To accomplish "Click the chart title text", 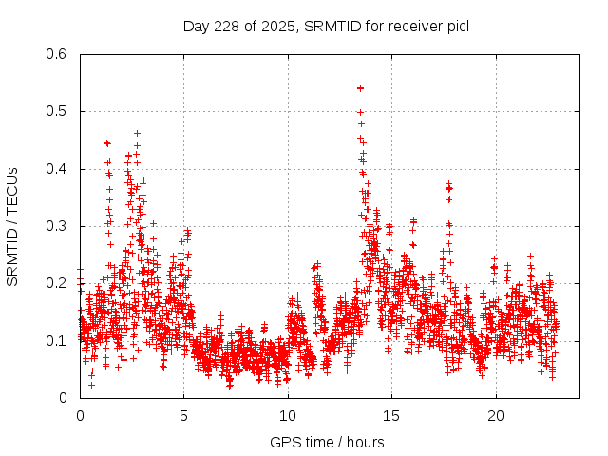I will pyautogui.click(x=326, y=26).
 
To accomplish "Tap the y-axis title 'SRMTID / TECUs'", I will pyautogui.click(x=12, y=226).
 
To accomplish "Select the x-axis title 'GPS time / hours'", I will pyautogui.click(x=326, y=442).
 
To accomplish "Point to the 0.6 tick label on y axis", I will pyautogui.click(x=59, y=54).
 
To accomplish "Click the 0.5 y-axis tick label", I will pyautogui.click(x=59, y=111).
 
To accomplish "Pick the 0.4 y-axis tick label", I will pyautogui.click(x=59, y=169).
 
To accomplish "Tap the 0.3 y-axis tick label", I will pyautogui.click(x=59, y=226).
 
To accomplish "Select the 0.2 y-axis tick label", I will pyautogui.click(x=59, y=283).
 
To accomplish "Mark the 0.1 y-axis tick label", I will pyautogui.click(x=59, y=340).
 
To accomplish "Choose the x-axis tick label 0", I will pyautogui.click(x=80, y=416).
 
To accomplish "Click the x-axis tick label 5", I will pyautogui.click(x=184, y=416).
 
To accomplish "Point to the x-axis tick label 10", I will pyautogui.click(x=288, y=416).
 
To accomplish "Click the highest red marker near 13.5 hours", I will pyautogui.click(x=360, y=88).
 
